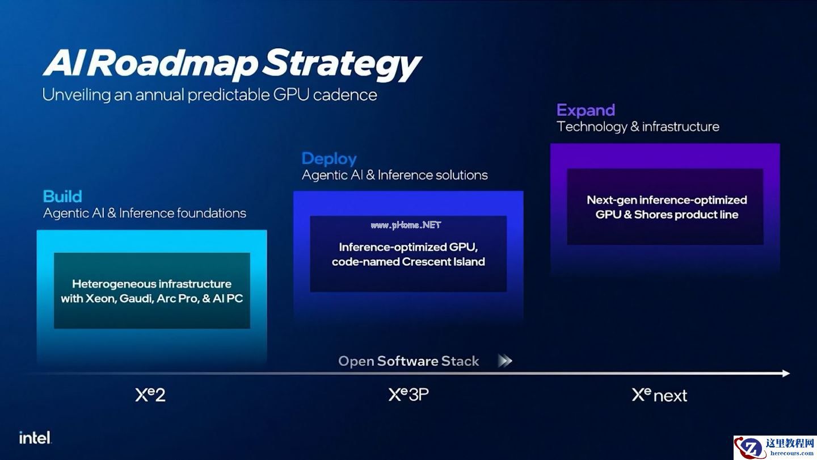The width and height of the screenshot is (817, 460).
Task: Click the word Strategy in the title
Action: click(x=342, y=65)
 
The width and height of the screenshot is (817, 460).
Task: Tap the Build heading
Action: click(x=62, y=196)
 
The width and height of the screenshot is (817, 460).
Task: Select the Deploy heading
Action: click(x=329, y=159)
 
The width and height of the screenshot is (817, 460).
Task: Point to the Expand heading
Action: click(x=586, y=110)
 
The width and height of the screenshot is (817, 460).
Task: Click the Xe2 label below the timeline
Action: click(x=150, y=395)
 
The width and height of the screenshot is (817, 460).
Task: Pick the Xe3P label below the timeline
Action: click(x=408, y=394)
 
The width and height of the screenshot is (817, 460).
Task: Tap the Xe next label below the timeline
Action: click(x=659, y=395)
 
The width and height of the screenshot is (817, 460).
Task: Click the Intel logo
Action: click(x=35, y=437)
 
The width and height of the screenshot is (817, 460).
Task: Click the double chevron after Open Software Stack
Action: click(x=505, y=361)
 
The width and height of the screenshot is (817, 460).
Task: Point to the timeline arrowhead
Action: click(x=786, y=373)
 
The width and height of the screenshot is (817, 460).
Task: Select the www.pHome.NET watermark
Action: click(x=406, y=225)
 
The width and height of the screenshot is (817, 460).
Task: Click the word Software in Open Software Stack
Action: click(x=407, y=361)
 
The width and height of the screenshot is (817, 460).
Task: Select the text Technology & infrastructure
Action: click(x=638, y=127)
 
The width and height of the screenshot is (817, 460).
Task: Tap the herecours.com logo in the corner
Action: click(x=775, y=448)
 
